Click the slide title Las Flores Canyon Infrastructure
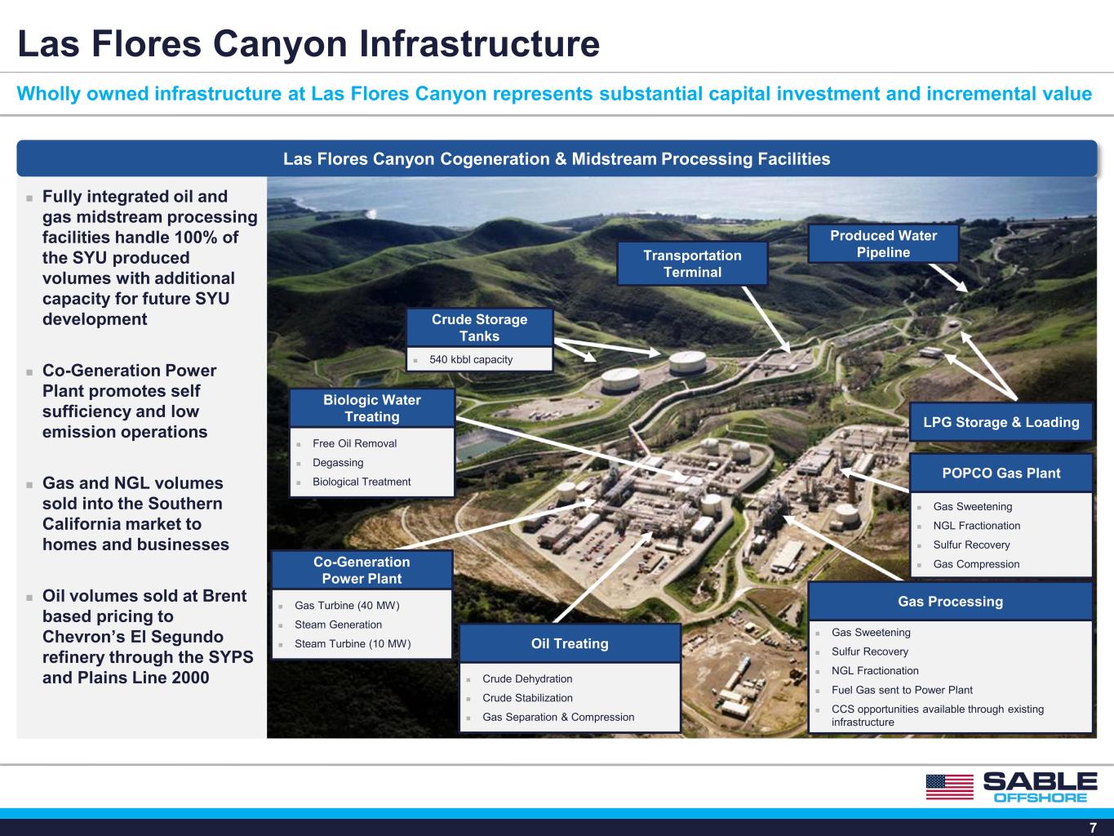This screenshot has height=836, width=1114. [x=308, y=43]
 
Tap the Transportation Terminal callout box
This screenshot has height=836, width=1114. [x=692, y=264]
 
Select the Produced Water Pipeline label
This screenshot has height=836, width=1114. [x=883, y=243]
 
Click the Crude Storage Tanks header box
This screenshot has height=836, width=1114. [x=480, y=327]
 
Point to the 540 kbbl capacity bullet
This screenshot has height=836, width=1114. [x=471, y=359]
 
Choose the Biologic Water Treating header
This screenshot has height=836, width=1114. [x=372, y=408]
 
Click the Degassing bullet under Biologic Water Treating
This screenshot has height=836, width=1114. [x=338, y=462]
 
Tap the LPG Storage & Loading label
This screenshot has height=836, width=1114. [x=1001, y=422]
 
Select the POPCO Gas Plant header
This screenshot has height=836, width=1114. [x=1001, y=473]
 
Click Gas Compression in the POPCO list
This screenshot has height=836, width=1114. [x=976, y=564]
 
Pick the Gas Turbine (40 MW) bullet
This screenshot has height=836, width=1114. [x=347, y=605]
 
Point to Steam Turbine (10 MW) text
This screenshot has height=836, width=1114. [x=353, y=643]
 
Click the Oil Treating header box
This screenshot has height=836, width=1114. [x=570, y=643]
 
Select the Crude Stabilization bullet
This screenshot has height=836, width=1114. [x=527, y=698]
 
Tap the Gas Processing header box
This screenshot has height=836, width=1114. [x=950, y=602]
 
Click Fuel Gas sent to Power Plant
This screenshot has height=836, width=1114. [x=902, y=690]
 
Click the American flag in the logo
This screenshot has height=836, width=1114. [x=950, y=787]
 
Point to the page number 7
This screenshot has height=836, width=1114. [x=1093, y=827]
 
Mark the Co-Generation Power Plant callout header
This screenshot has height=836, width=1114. [x=362, y=570]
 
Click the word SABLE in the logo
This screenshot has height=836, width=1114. [x=1041, y=781]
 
